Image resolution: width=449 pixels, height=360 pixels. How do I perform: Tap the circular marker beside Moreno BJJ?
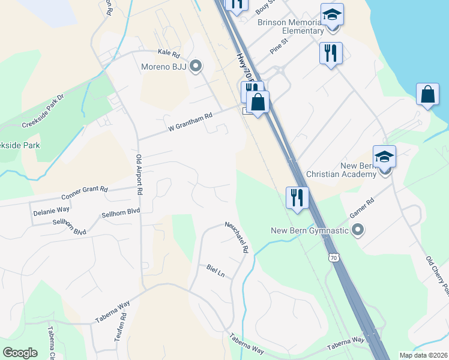pos(195,66)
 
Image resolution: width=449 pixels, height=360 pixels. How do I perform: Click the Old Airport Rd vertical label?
pos(139,175)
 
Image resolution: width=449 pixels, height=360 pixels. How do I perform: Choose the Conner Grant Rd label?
pos(84,193)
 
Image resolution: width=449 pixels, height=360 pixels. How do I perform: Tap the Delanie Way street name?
pos(51,211)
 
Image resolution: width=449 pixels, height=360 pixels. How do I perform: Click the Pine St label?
pos(279,46)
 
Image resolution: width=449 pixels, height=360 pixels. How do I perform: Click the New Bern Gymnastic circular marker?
pos(358,230)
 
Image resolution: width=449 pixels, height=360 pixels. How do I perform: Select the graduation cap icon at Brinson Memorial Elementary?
pos(332,16)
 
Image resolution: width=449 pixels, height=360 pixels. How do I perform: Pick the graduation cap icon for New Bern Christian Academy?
pos(384,157)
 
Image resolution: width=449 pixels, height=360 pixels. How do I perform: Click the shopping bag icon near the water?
pos(427,95)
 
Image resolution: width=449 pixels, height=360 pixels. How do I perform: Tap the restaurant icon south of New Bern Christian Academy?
pos(297,198)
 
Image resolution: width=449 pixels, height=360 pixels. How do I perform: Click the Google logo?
pos(20,353)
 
